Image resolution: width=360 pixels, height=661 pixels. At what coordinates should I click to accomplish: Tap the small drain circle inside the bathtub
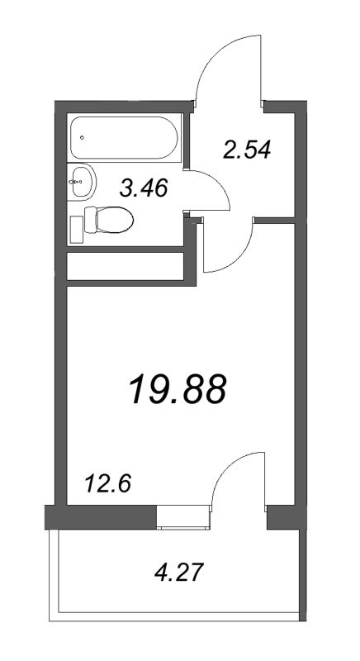coord(82,137)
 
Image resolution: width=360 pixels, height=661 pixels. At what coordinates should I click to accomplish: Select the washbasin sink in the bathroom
coord(81,180)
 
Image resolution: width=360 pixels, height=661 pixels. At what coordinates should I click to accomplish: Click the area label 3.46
coord(144,188)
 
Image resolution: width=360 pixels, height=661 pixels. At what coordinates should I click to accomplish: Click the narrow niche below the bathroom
coord(124,267)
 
